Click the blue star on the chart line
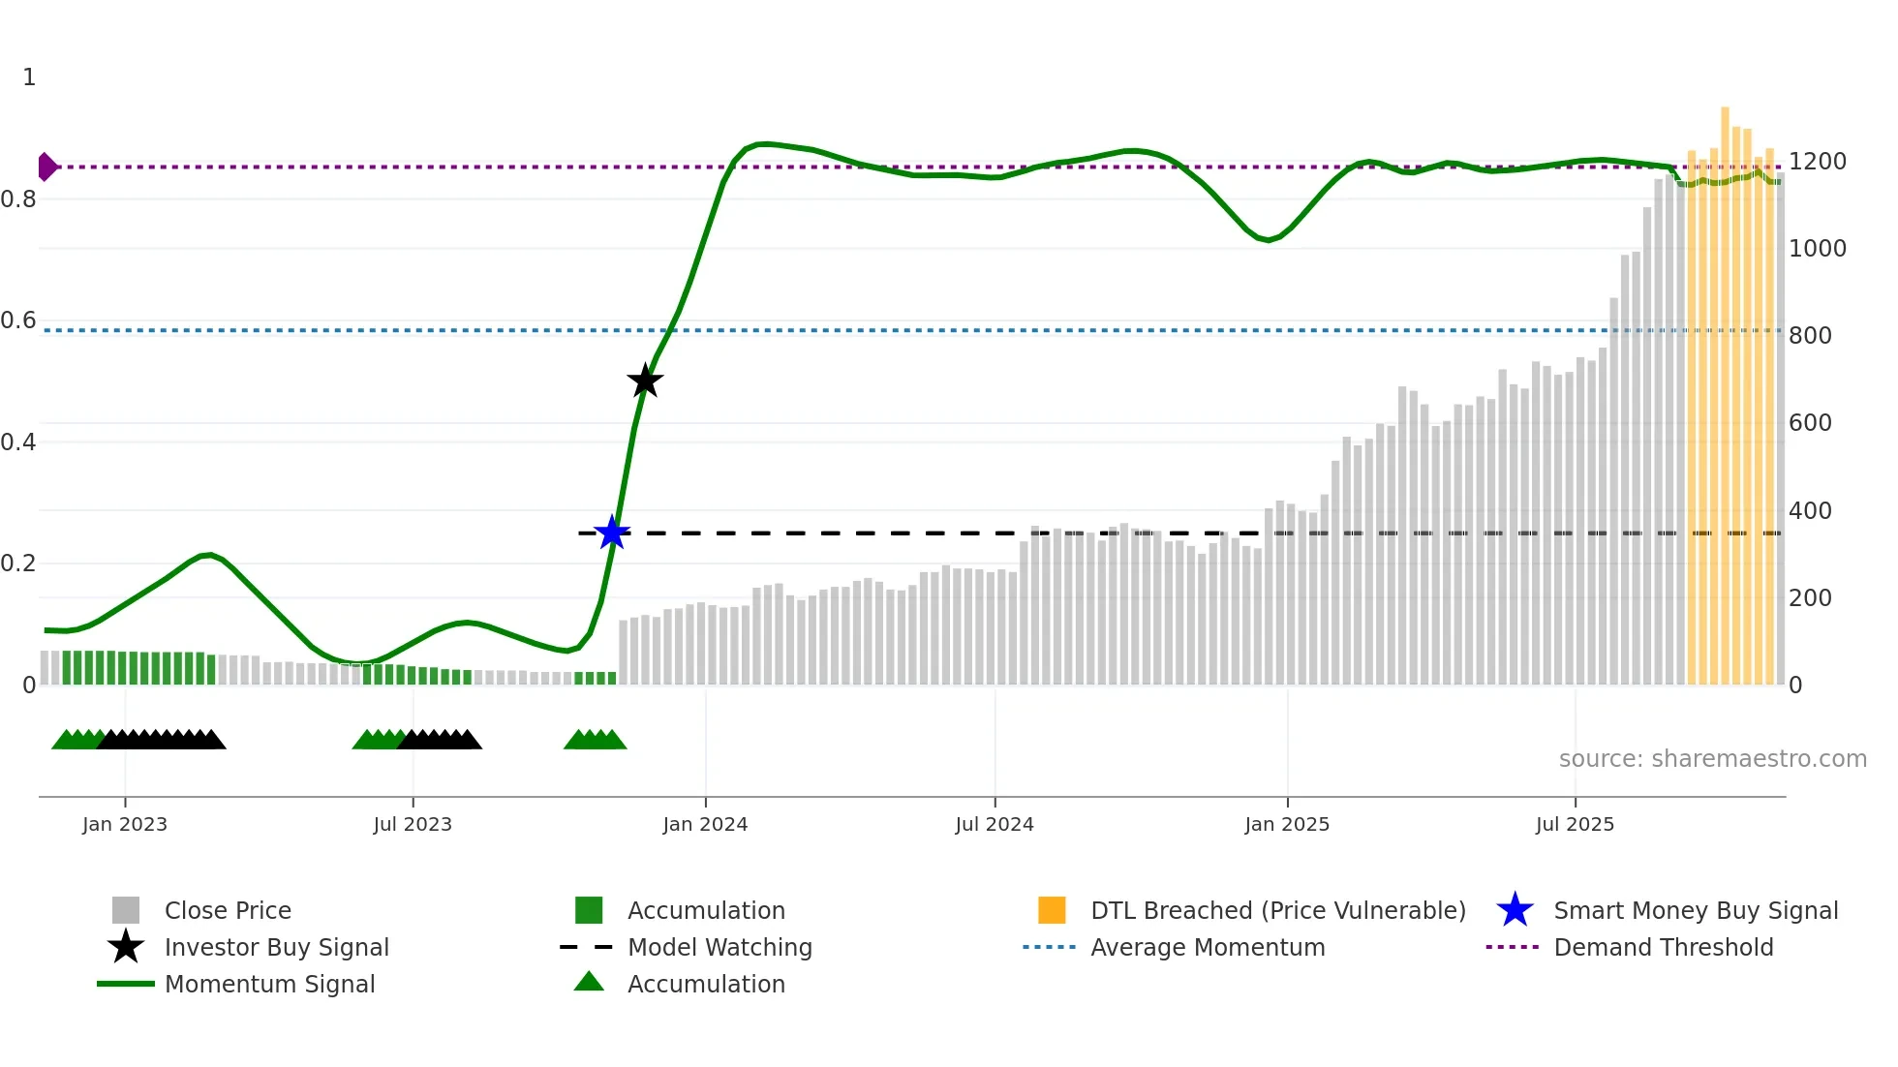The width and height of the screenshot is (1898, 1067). point(612,533)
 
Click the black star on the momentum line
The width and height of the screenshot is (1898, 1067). point(645,381)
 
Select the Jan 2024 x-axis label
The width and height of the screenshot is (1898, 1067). point(705,825)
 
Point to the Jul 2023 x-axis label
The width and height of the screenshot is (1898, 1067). point(413,825)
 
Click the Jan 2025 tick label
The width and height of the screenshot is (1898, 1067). point(1287,825)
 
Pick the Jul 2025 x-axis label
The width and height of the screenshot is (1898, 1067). point(1575,825)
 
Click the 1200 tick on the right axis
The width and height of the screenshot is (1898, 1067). point(1817,162)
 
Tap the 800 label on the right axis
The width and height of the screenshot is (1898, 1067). point(1810,336)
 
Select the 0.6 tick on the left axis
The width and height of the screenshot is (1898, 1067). point(18,320)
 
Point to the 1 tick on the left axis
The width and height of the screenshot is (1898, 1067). point(29,77)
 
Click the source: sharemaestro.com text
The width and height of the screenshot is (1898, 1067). point(1712,759)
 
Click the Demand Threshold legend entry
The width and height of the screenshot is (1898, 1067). point(1663,948)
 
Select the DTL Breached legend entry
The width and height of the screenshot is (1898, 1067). point(1277,911)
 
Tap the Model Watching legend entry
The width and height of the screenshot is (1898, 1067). point(719,948)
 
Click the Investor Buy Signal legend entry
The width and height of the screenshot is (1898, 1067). point(276,948)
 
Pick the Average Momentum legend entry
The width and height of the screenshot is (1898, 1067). point(1207,948)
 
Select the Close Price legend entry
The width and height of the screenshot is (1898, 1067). point(227,911)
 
